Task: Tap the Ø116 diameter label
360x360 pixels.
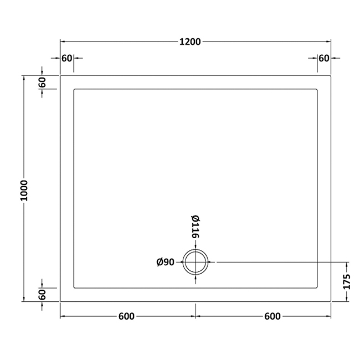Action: pos(195,227)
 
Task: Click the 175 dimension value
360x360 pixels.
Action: pos(347,281)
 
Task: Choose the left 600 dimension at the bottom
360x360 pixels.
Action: pos(126,316)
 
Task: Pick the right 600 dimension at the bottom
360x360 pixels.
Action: pos(271,316)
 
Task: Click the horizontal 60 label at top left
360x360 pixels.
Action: pos(67,58)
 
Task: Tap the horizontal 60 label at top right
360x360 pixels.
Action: pos(324,58)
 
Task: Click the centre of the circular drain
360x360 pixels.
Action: pos(196,261)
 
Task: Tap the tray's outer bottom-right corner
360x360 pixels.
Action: pos(331,302)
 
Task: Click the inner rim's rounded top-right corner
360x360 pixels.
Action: pos(317,90)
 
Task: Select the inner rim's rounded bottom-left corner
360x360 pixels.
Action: pos(75,287)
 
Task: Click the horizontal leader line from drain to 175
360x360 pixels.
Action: pos(277,261)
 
